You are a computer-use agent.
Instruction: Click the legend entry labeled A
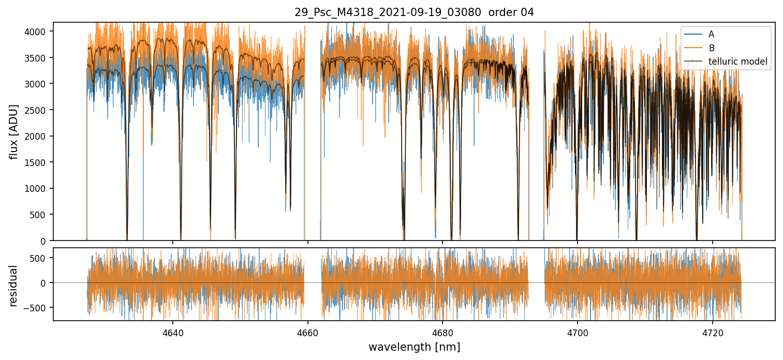tap(711, 34)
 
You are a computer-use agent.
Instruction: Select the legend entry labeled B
tap(711, 48)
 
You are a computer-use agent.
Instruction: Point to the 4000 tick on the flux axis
tap(38, 32)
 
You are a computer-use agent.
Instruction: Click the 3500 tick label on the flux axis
tap(38, 58)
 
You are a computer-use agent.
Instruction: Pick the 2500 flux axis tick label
tap(38, 110)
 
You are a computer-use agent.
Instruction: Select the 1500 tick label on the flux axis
tap(38, 162)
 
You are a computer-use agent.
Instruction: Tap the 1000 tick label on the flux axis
tap(38, 189)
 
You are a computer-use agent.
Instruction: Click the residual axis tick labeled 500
tap(40, 258)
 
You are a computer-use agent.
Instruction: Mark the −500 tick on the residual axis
tap(38, 308)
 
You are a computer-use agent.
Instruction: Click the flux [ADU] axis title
tap(14, 131)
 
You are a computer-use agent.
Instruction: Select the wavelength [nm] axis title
tap(414, 347)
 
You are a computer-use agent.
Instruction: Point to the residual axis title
tap(14, 285)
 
